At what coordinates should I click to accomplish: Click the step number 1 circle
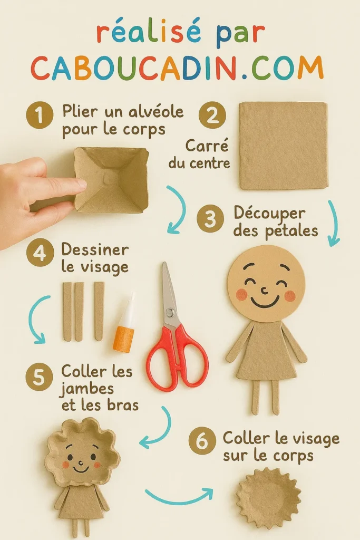click(40, 115)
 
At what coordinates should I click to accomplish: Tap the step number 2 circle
click(212, 115)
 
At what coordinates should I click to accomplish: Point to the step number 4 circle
click(40, 254)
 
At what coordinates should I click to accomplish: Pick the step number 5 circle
click(40, 378)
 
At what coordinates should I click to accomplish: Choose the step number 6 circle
click(202, 442)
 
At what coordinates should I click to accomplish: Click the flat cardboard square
click(284, 146)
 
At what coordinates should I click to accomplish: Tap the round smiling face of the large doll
click(266, 283)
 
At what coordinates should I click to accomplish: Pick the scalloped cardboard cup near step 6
click(268, 498)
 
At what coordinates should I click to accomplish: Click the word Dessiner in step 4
click(95, 249)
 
